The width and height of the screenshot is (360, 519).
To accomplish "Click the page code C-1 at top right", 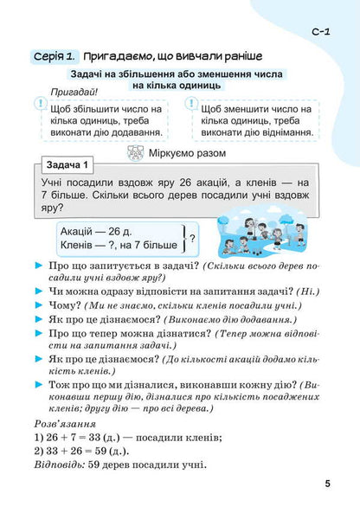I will [x=318, y=32].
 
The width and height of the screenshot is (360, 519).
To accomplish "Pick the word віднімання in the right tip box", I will [x=280, y=134].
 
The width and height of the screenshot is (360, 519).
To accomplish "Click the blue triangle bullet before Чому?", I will [x=39, y=305].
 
